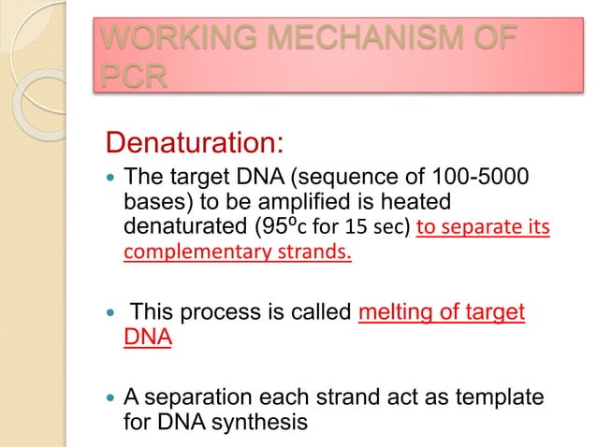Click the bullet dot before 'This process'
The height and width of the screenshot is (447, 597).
coord(109,313)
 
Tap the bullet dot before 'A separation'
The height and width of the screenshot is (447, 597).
coord(109,399)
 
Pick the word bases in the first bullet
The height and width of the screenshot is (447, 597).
coord(154,203)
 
